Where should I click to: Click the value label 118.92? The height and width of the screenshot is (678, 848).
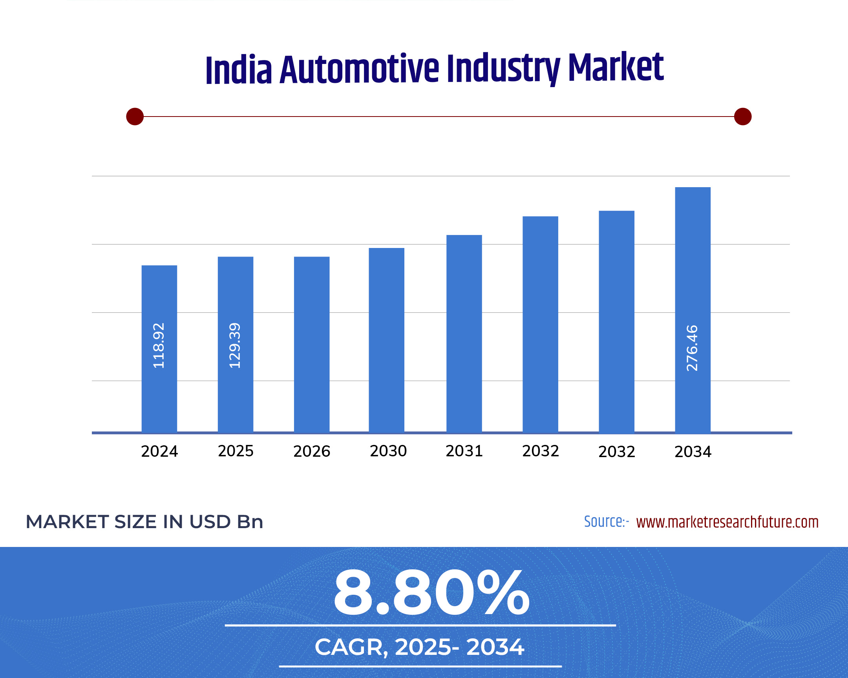(x=159, y=346)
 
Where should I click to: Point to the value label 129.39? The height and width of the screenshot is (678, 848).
(x=235, y=346)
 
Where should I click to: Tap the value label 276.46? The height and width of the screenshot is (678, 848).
(x=692, y=348)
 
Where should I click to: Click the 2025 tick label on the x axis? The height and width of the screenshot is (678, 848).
(x=236, y=451)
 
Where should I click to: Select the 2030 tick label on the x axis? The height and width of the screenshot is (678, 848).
(x=388, y=451)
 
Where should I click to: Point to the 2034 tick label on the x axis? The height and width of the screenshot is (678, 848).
(x=693, y=452)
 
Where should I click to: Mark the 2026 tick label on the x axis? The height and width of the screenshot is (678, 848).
(x=311, y=451)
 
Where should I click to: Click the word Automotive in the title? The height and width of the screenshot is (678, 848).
(x=359, y=69)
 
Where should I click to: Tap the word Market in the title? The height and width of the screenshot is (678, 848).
(x=616, y=67)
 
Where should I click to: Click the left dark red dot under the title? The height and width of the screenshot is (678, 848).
(x=135, y=117)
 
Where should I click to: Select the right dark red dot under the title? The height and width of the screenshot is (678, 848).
(x=743, y=117)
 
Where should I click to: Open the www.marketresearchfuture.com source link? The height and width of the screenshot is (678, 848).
(x=727, y=522)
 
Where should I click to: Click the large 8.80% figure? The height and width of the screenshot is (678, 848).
(x=431, y=593)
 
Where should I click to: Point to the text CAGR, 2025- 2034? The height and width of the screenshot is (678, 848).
(x=419, y=647)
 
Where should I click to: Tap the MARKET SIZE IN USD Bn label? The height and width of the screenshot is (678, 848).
(x=144, y=522)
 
